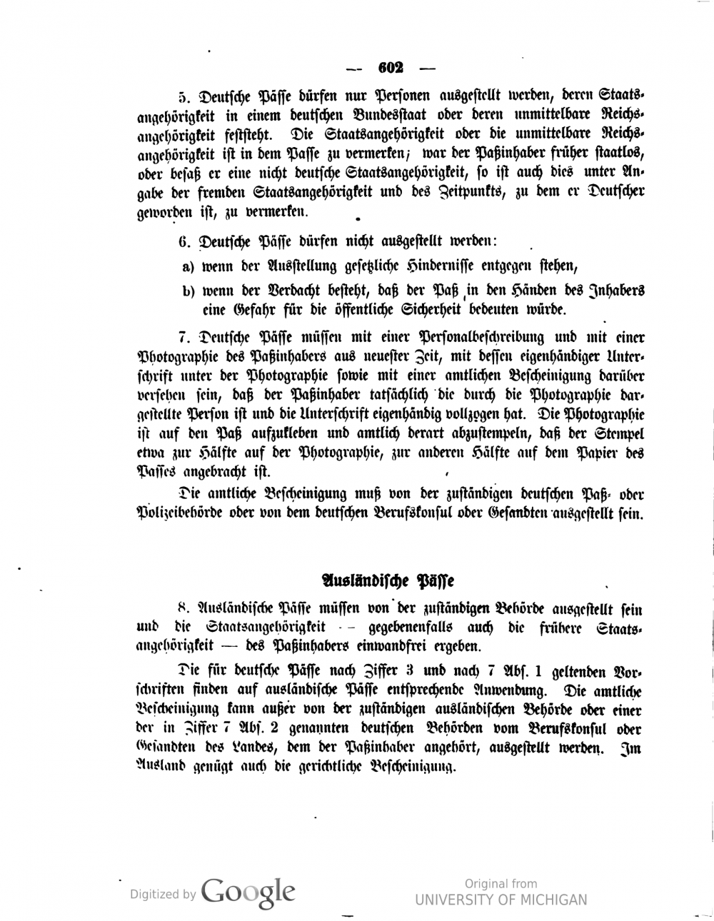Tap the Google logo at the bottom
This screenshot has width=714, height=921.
tap(248, 890)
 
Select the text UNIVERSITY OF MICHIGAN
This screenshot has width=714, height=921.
tap(501, 900)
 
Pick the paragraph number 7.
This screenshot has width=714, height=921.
tap(181, 337)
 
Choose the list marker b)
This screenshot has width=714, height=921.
tap(188, 291)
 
